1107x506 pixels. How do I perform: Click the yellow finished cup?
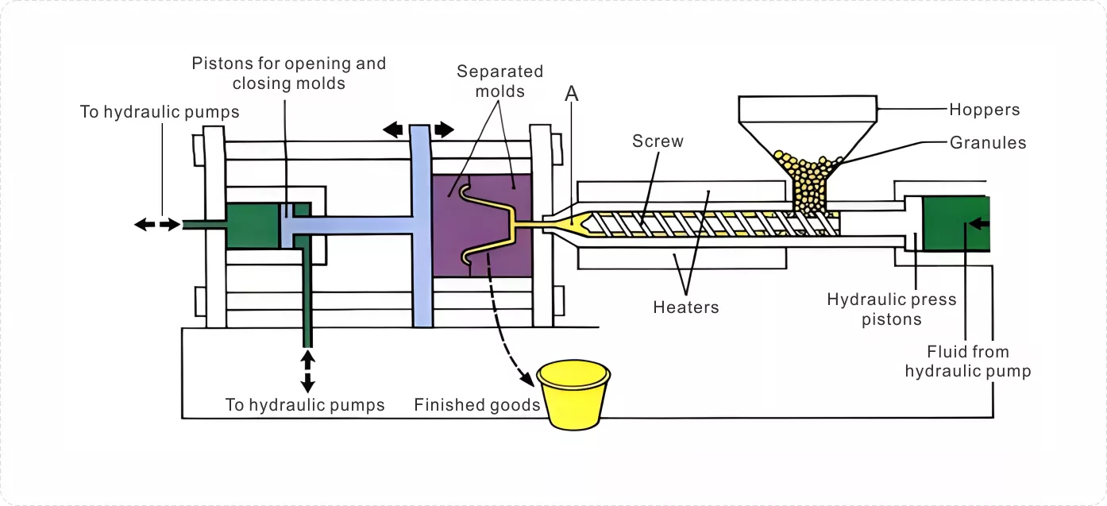pos(573,394)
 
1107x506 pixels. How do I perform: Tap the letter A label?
pos(571,93)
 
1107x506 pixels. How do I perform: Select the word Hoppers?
pos(985,110)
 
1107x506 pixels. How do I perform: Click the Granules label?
pos(988,142)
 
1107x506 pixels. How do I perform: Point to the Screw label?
pos(658,141)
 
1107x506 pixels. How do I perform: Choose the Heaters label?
pos(686,307)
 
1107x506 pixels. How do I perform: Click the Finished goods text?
pos(477,404)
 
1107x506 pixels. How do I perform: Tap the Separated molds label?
pos(499,81)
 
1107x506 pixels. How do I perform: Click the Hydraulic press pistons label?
pos(892,309)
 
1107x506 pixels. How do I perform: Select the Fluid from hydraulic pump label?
pos(968,361)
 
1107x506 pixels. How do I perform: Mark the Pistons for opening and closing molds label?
pos(288,73)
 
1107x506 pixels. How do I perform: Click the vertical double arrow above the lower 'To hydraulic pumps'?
pos(308,371)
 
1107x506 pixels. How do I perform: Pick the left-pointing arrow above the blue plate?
pos(393,130)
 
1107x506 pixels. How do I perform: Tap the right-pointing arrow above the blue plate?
pos(444,130)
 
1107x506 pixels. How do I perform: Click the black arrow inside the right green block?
pos(978,224)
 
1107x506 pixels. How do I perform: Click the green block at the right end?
pos(956,223)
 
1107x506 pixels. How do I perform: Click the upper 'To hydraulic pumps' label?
pos(160,112)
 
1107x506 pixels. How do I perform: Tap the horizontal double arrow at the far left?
pos(158,225)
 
